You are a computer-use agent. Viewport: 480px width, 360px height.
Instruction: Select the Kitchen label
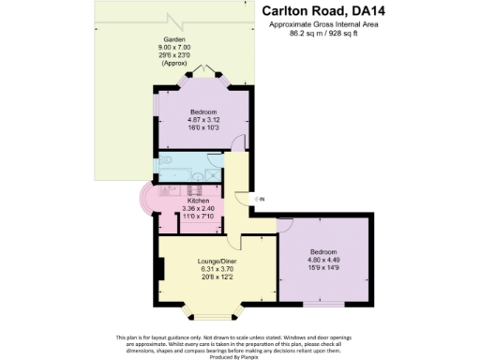click(x=200, y=201)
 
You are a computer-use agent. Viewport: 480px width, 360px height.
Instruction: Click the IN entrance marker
click(x=262, y=200)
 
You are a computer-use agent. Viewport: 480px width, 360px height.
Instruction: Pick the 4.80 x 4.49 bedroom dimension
click(x=324, y=260)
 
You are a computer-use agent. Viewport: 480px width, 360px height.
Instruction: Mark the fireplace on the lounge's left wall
click(x=162, y=269)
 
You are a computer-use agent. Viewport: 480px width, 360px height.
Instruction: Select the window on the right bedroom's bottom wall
click(x=324, y=304)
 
